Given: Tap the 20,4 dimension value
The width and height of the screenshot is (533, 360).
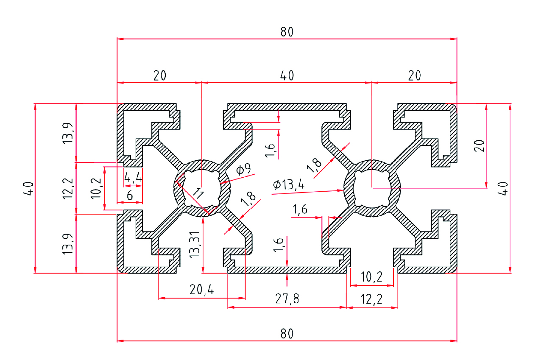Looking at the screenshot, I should point(202,290).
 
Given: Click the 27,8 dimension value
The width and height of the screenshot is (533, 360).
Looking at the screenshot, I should point(287,299).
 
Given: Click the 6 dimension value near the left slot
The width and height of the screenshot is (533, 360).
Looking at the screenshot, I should point(130,195).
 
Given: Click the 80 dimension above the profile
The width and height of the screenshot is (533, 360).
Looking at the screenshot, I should point(287,32).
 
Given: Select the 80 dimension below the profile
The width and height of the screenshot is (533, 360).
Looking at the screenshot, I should point(287,333).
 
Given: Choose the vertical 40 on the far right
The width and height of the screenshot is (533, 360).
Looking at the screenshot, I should point(503,188).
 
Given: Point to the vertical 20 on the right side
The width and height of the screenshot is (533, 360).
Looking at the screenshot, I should point(479,145).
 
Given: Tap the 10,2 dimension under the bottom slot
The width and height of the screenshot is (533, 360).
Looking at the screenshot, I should point(372,277).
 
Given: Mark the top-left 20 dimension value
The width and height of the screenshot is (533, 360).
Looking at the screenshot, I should point(160,75).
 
